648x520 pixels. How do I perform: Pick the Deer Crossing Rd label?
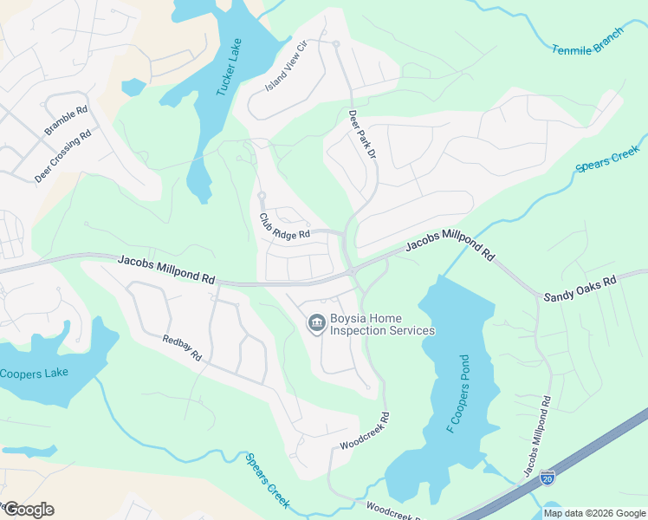click(63, 157)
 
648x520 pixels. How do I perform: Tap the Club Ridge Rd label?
click(284, 228)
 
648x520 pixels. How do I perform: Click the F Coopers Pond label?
click(458, 394)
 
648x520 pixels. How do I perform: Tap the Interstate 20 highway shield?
click(547, 478)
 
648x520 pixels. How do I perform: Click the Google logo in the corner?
click(29, 510)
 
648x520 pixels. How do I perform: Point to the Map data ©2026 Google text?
click(594, 513)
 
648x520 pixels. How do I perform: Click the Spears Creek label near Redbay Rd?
click(267, 481)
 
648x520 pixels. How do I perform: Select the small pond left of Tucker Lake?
click(133, 87)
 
